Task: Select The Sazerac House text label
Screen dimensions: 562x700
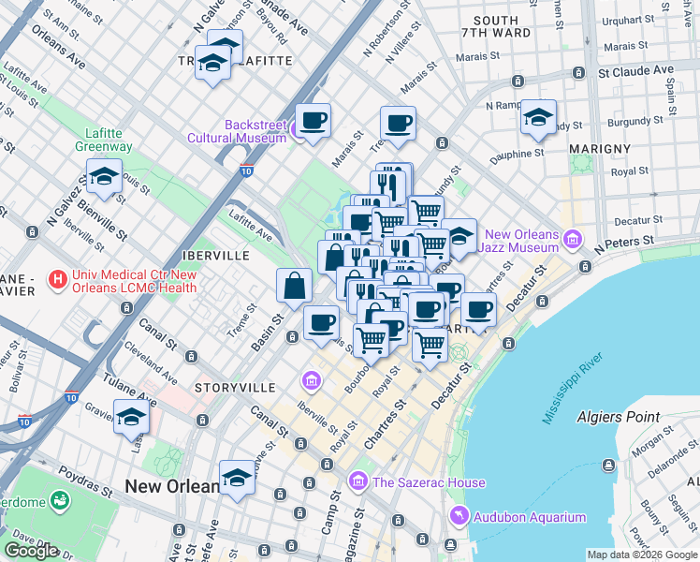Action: click(429, 482)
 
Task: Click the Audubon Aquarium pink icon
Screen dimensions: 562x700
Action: click(458, 516)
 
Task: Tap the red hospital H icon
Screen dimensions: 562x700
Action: click(58, 278)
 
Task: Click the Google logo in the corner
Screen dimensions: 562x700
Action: click(31, 550)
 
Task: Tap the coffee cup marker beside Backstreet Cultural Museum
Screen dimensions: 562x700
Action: click(313, 120)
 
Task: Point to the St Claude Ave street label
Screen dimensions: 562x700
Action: click(636, 70)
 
